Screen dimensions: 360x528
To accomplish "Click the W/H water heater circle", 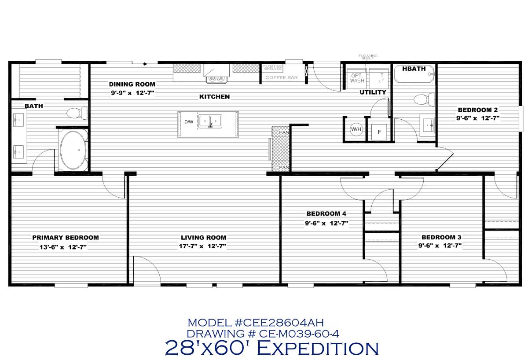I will [x=356, y=129].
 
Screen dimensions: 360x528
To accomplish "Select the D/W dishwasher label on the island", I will [x=188, y=122].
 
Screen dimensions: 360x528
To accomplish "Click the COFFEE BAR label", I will [x=282, y=77].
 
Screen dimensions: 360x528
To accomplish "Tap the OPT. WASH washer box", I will [x=357, y=78].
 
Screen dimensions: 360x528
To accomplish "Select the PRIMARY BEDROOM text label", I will [x=66, y=238].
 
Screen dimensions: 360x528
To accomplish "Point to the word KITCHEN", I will [x=214, y=96].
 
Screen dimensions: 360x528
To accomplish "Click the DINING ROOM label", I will [x=132, y=84].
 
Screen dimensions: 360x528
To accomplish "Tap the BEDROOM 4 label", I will [x=326, y=214].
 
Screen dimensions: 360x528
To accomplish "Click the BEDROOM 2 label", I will [x=478, y=110].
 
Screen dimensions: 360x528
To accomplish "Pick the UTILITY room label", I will [x=373, y=92].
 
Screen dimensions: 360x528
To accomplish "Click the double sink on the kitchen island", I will [x=210, y=121].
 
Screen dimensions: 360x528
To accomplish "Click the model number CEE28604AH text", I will [x=256, y=323].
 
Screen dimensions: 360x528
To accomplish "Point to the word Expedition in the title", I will [x=317, y=348].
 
